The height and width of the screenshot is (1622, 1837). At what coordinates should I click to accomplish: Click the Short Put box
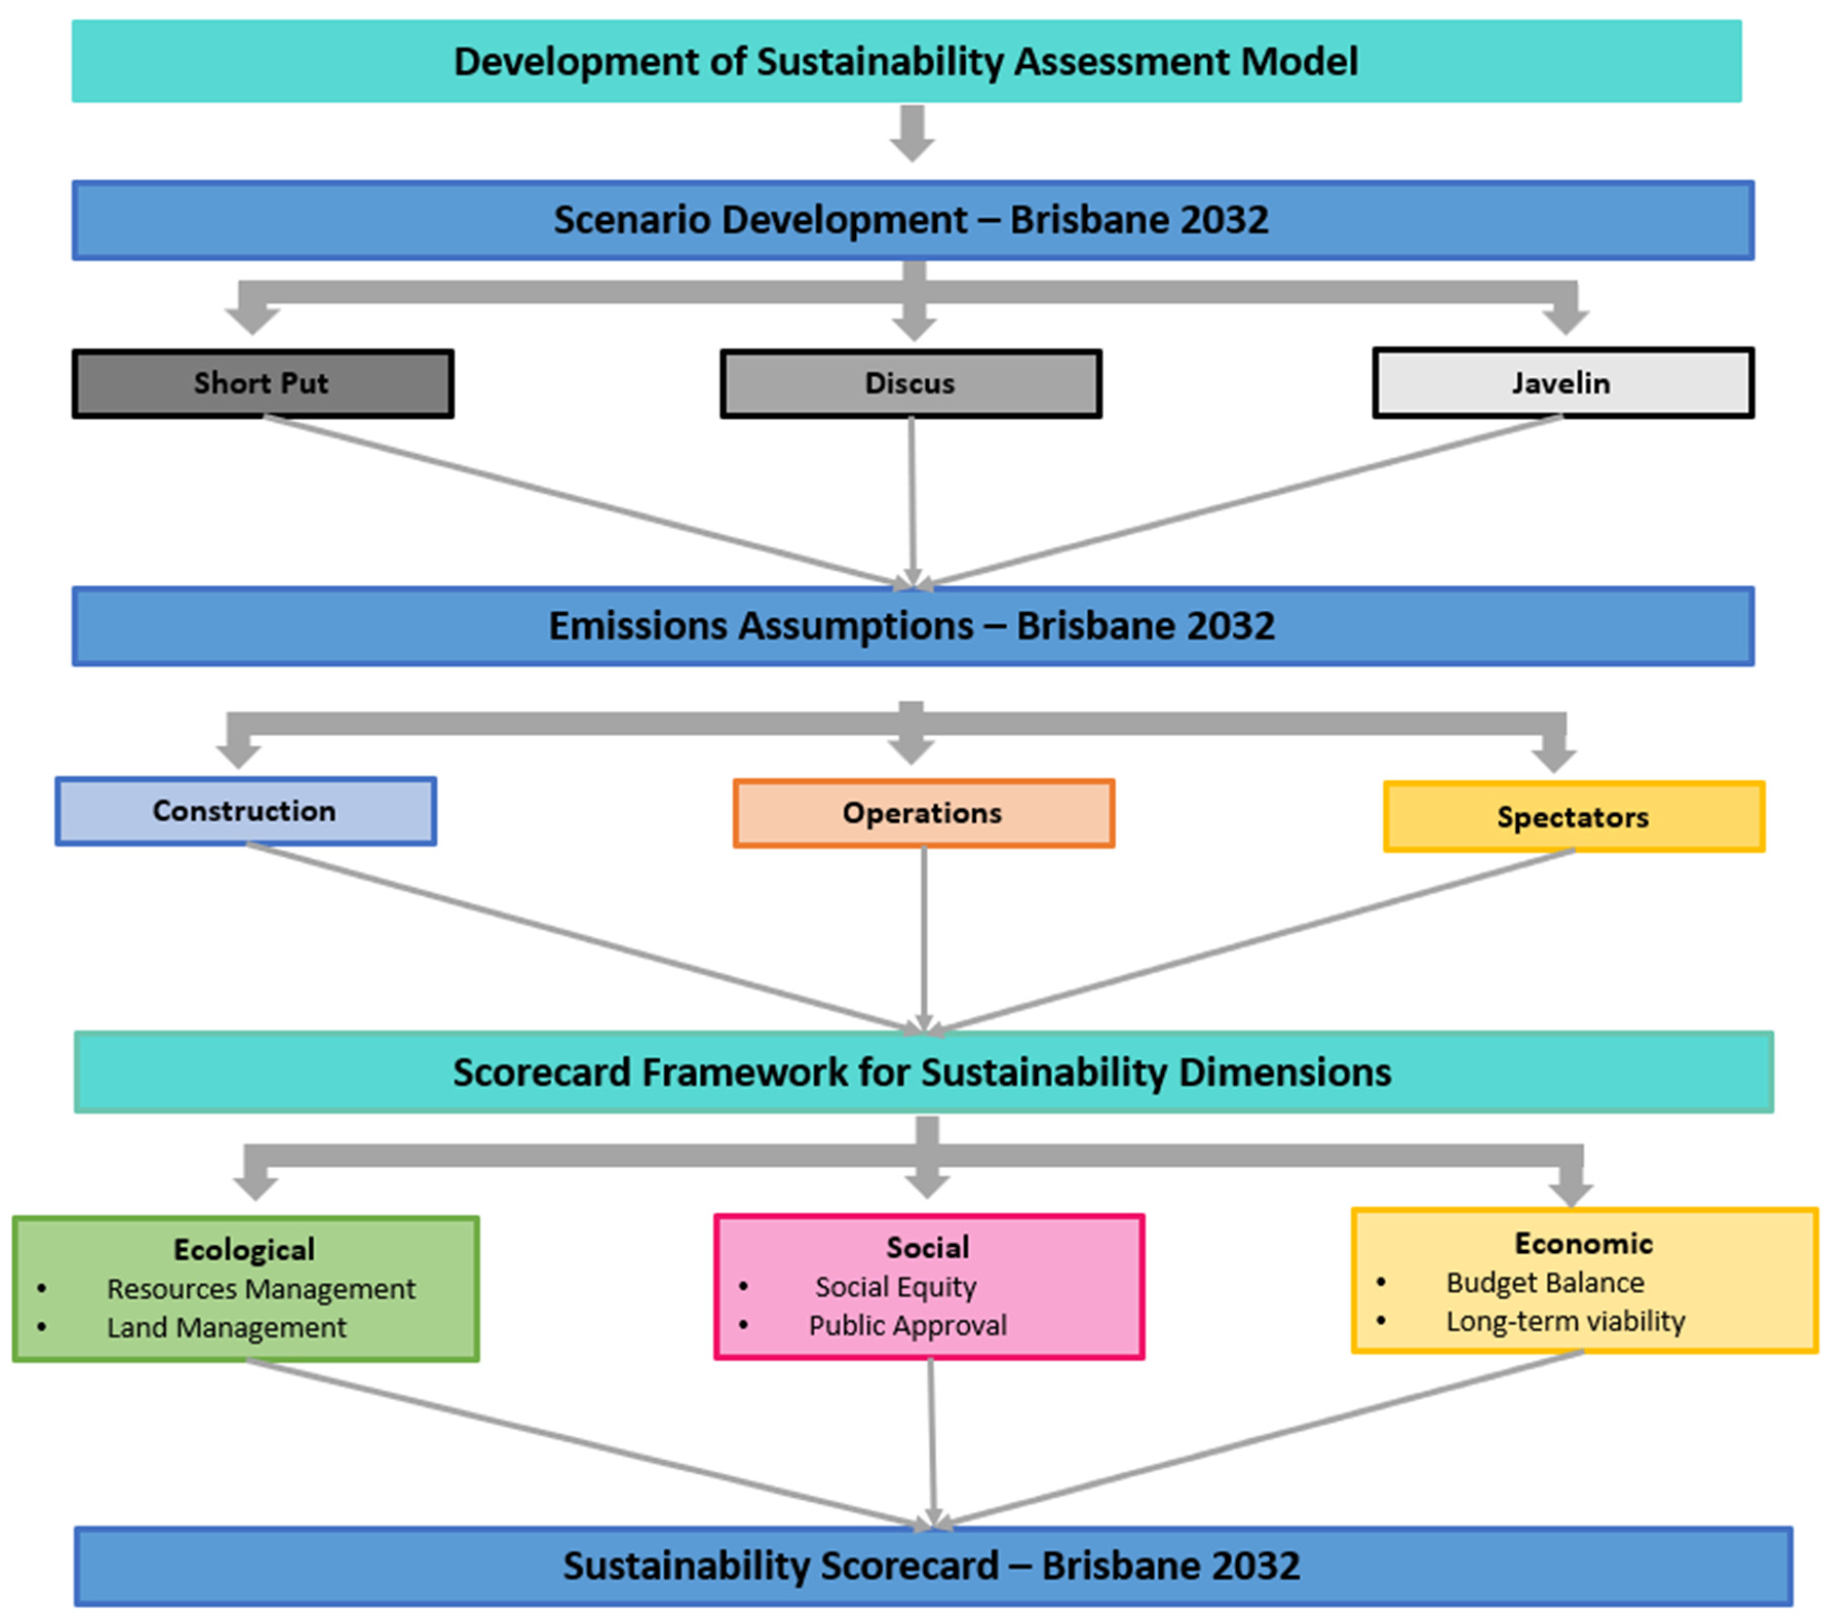coord(262,384)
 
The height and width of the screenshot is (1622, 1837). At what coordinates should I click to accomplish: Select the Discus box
coord(911,384)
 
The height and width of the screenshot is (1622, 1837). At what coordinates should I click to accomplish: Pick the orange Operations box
coord(923,813)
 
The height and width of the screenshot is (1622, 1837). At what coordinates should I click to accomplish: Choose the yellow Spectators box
coord(1573,817)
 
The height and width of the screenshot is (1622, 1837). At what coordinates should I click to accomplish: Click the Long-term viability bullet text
coord(1564,1321)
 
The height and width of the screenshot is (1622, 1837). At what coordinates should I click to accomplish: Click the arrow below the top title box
coord(912,135)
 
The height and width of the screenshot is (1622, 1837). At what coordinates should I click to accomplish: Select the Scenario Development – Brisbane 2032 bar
coord(912,220)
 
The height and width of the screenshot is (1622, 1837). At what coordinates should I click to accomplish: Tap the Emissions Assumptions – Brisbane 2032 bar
coord(912,626)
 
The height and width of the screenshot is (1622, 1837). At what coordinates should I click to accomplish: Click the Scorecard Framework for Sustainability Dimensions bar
coord(923,1072)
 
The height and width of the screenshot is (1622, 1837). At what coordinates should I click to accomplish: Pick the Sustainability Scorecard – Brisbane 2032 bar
coord(932,1566)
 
